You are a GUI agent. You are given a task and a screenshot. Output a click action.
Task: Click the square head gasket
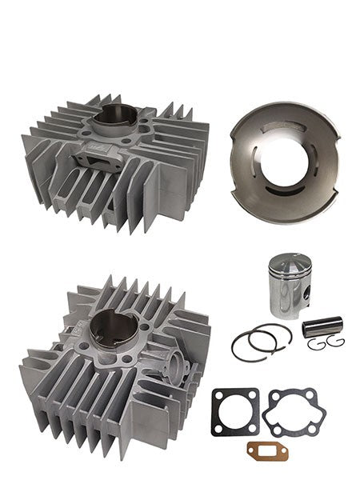[234, 412]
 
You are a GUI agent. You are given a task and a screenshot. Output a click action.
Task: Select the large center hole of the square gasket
[234, 413]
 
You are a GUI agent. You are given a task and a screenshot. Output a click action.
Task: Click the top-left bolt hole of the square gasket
[218, 395]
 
